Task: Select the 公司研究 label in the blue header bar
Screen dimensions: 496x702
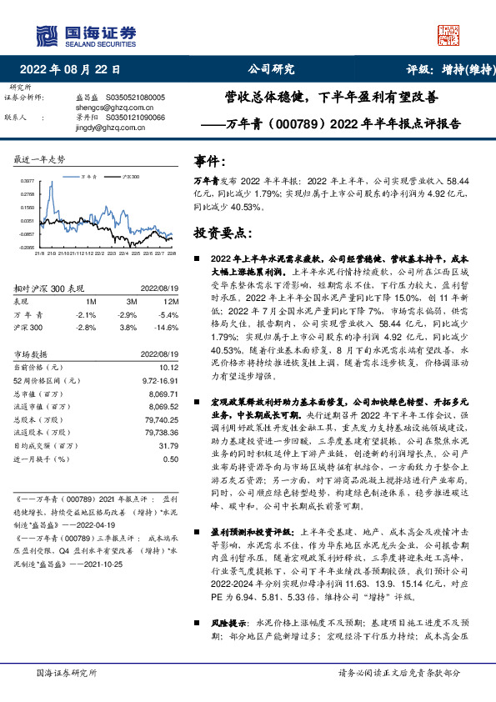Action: [271, 70]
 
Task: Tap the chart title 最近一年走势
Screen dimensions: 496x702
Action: [40, 159]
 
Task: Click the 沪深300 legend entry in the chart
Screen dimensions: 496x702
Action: [127, 177]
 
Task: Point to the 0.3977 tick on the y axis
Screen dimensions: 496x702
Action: [27, 180]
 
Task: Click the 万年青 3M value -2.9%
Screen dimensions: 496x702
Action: [128, 314]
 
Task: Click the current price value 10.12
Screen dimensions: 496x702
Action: [168, 366]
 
